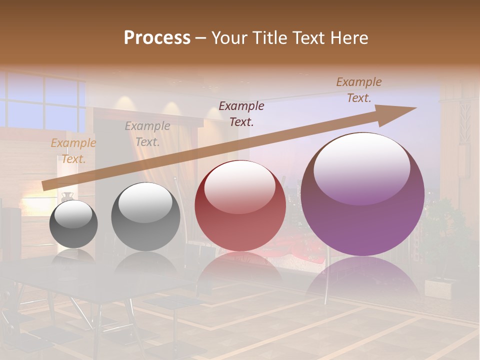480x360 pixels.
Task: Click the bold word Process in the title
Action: (x=157, y=38)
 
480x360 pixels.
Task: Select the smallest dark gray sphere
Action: (x=73, y=224)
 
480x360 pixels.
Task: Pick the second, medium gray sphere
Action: (x=145, y=216)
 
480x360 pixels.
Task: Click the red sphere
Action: (x=240, y=206)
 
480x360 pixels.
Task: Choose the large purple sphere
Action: (x=363, y=194)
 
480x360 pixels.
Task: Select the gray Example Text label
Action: (x=147, y=134)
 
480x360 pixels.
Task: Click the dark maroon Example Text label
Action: (x=241, y=113)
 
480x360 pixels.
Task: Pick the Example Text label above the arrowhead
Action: (x=359, y=90)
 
